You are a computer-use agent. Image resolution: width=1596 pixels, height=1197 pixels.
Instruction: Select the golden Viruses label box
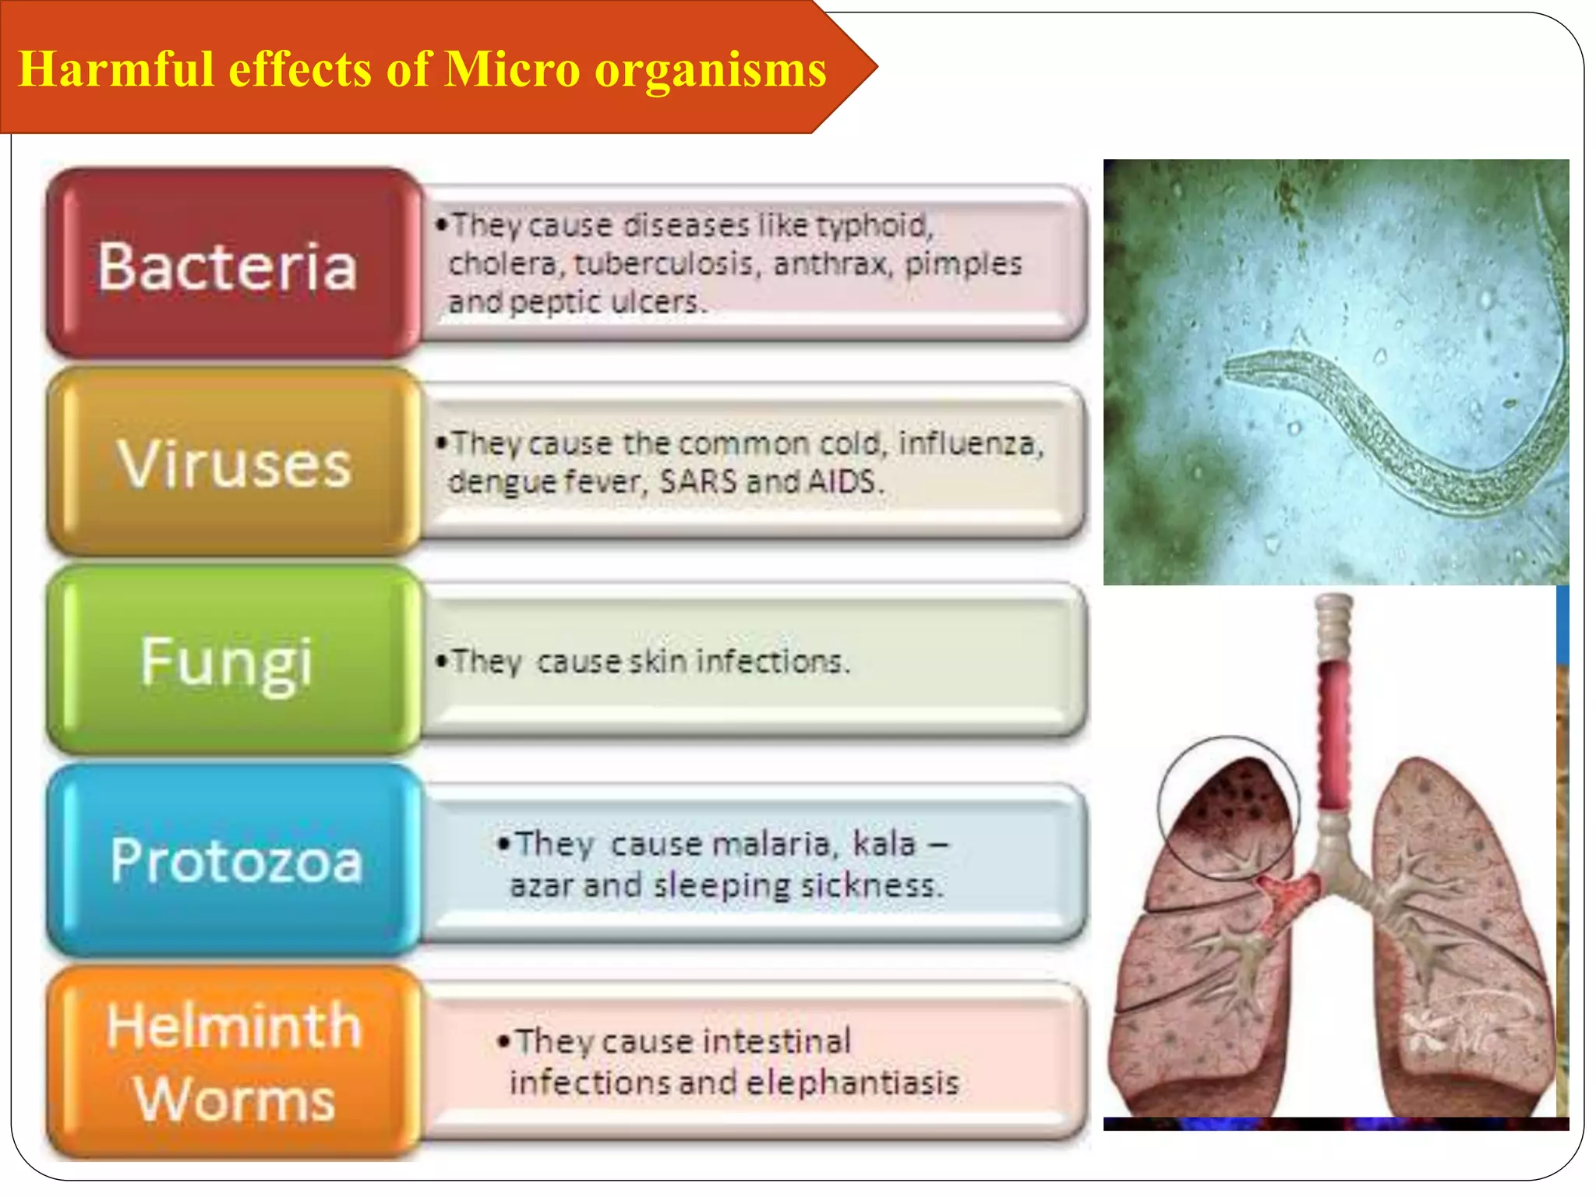coord(232,464)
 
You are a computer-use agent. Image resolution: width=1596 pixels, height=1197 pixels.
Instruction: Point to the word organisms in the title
coord(711,70)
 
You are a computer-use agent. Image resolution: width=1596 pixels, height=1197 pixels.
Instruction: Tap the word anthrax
coord(832,263)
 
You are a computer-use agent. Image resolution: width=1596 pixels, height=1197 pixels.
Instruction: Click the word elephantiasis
coord(853,1083)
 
